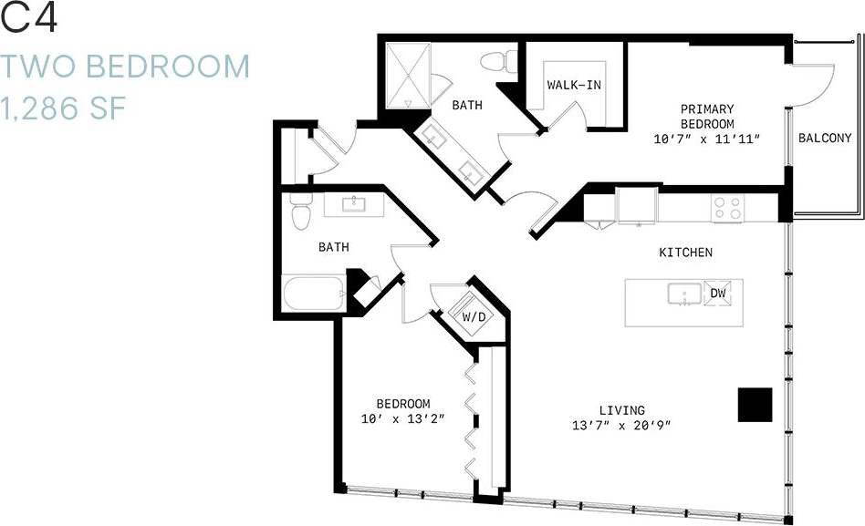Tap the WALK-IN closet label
(573, 85)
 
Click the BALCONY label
(824, 139)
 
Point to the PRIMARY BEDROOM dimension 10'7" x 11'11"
(707, 139)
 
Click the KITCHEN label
(685, 253)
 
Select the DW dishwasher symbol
(717, 294)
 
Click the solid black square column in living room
(755, 405)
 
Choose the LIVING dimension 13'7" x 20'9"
(622, 425)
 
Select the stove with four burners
(727, 209)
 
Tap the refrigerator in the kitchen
(637, 205)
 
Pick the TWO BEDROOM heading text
(125, 67)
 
